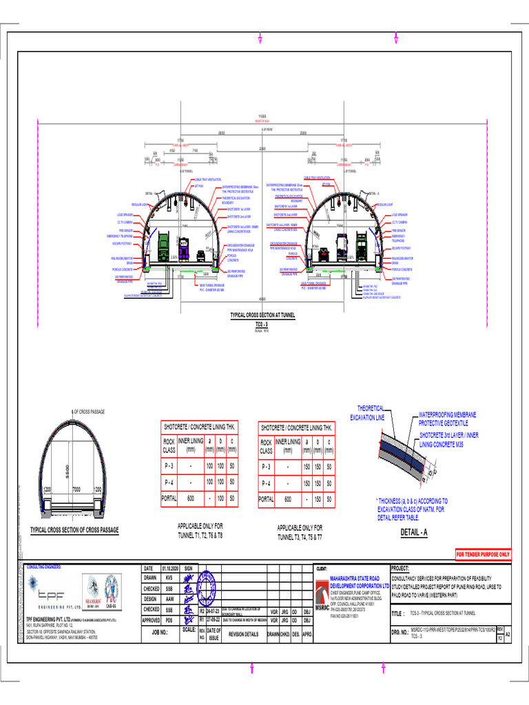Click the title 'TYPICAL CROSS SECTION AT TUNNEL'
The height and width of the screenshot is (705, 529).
coord(262,315)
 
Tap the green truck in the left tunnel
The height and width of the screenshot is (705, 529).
coord(165,245)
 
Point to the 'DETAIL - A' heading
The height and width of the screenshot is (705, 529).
coord(414,532)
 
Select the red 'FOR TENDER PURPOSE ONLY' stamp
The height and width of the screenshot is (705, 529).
coord(483,554)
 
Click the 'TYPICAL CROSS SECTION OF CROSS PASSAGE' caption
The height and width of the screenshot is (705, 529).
coord(74,529)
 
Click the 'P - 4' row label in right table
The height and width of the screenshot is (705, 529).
coord(266,483)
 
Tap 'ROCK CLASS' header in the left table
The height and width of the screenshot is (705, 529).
coord(169,445)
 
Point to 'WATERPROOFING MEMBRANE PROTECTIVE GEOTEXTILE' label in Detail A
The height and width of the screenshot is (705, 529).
coord(448,419)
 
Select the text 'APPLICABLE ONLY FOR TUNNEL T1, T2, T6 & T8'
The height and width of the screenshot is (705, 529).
coord(200,530)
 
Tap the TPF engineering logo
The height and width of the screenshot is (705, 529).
coord(54,592)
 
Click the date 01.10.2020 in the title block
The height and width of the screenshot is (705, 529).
coord(169,569)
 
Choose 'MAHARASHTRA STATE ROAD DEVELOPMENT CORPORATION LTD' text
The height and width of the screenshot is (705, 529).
coord(364,582)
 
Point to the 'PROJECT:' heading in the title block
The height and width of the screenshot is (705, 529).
coord(400,569)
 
